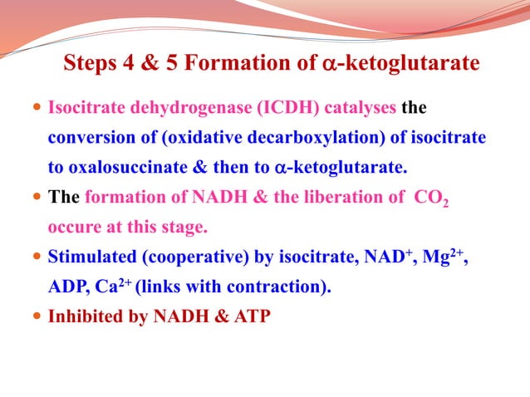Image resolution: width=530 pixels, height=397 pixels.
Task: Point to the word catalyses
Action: coord(357,108)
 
